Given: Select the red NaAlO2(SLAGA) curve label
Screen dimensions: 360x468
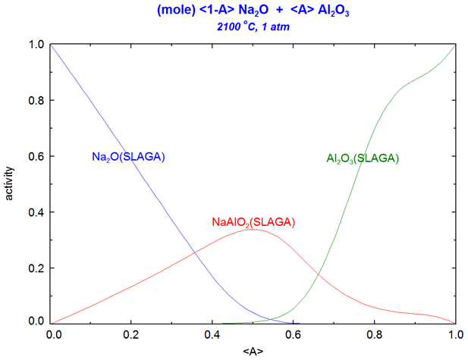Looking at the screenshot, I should (253, 222).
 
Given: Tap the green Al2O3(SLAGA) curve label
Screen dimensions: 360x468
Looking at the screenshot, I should (363, 158).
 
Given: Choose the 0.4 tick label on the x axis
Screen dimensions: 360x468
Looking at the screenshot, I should (213, 334).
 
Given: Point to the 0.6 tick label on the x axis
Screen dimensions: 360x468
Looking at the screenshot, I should (294, 334).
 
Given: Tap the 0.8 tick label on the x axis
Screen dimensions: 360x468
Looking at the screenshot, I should (375, 334).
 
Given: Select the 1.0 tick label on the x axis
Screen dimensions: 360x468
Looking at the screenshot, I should (454, 334).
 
